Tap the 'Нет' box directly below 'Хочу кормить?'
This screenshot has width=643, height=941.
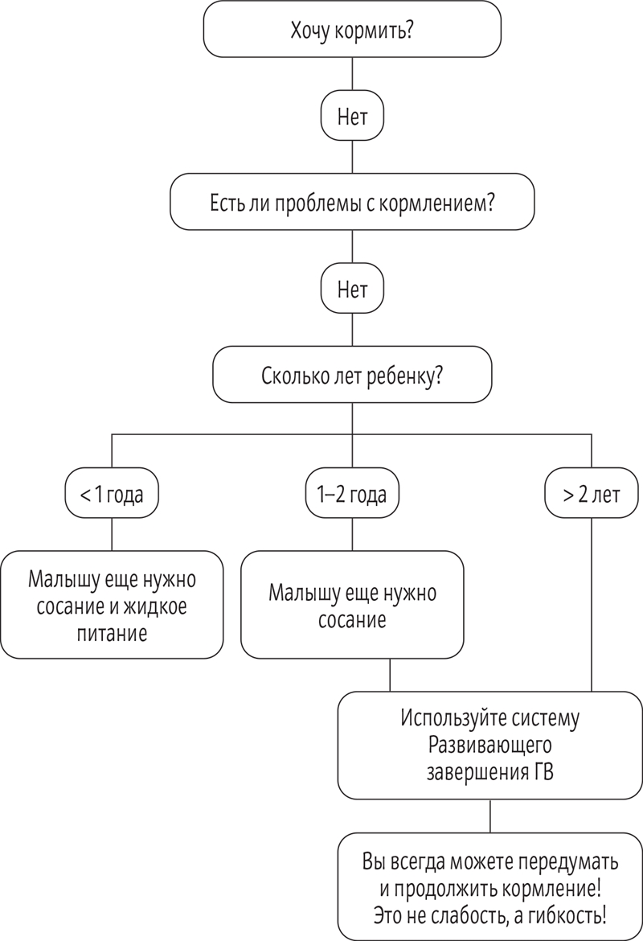(x=352, y=117)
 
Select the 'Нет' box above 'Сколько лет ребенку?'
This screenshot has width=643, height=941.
(x=352, y=290)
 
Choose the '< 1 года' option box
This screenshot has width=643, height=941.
(x=111, y=494)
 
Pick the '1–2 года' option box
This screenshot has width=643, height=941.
(x=352, y=494)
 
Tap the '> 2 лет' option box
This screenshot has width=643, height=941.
(x=593, y=494)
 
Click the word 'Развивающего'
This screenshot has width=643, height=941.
(x=489, y=744)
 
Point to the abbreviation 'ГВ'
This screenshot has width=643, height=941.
(x=543, y=771)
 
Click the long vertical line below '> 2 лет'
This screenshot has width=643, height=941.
(x=593, y=603)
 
